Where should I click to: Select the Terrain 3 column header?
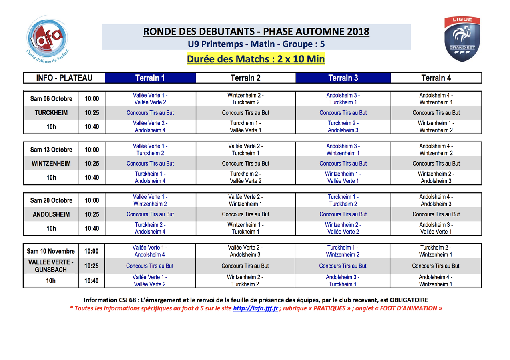point(343,78)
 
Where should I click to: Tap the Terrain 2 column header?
point(245,78)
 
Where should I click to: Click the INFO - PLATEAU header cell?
point(64,78)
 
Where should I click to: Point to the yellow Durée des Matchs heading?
point(256,59)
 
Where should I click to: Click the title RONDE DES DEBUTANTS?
point(256,32)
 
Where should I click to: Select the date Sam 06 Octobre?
point(51,99)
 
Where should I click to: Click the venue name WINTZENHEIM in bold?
point(51,163)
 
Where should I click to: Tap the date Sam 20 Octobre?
point(51,200)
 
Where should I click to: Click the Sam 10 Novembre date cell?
point(51,251)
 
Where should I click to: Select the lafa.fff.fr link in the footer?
point(255,308)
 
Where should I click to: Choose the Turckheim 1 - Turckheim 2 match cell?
point(343,200)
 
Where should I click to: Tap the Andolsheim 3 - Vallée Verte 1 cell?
point(436,228)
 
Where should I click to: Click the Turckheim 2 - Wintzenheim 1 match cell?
point(436,251)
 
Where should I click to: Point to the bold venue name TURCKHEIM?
point(51,113)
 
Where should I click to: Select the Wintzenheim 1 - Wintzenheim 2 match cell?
point(436,127)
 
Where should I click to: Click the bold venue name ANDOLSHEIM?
point(51,214)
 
